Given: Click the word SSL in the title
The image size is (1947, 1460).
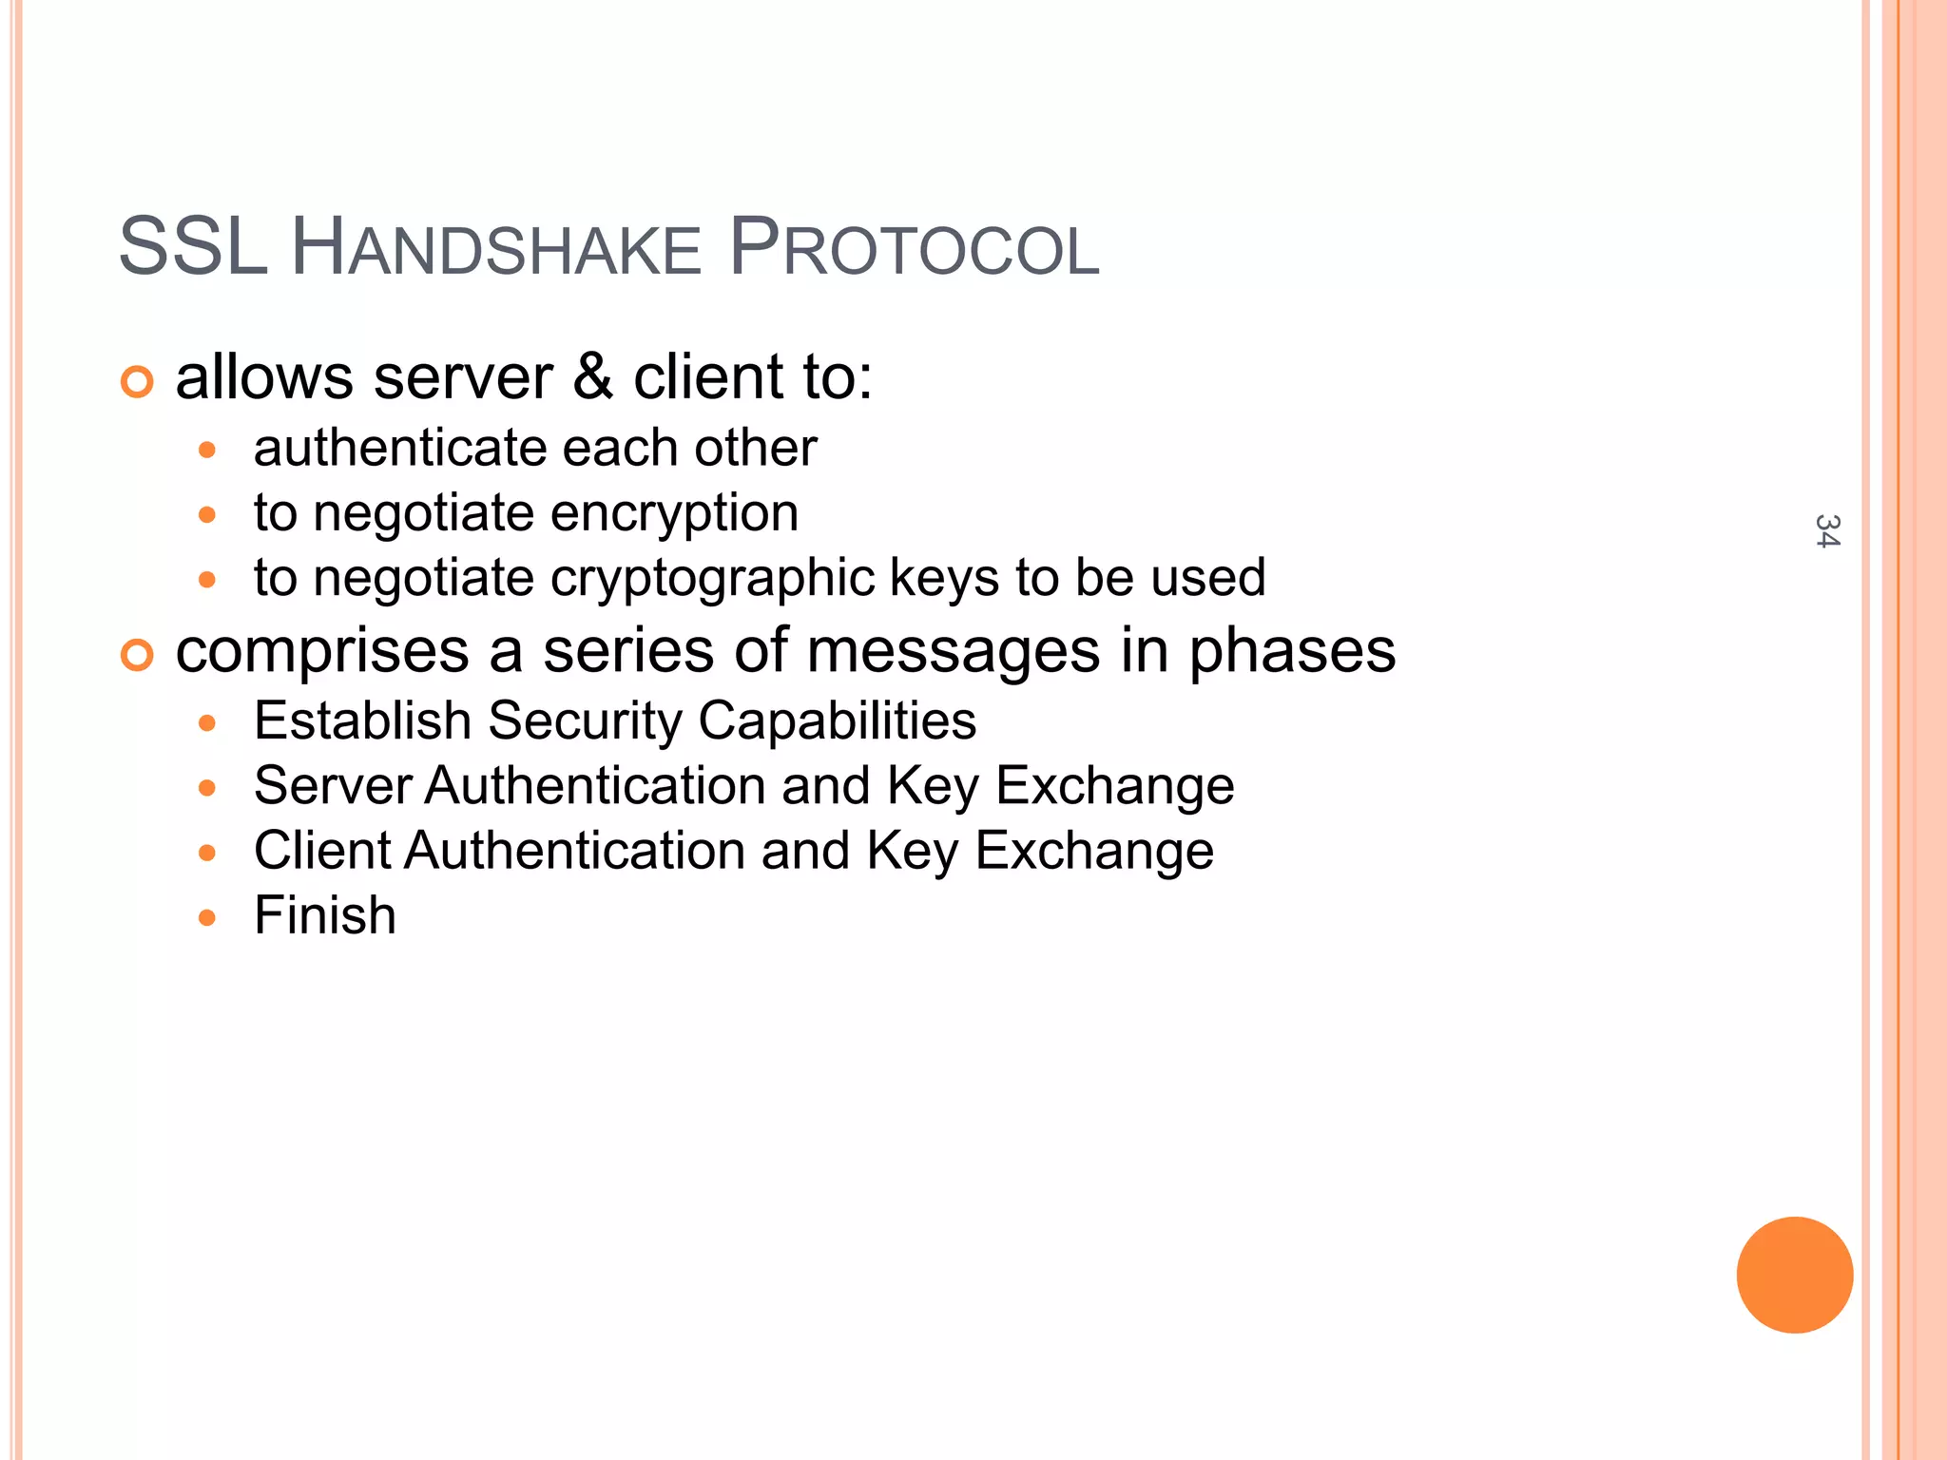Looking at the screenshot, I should (x=192, y=248).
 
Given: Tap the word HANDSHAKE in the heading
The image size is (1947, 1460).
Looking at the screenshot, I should (x=495, y=249).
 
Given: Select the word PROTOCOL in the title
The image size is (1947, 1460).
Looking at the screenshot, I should (x=914, y=249).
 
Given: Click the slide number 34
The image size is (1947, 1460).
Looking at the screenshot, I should (x=1826, y=531).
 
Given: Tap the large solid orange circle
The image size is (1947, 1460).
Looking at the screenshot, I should (x=1794, y=1275).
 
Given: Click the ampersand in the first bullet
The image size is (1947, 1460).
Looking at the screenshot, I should (x=593, y=376).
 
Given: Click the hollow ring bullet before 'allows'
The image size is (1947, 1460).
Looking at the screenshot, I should (x=137, y=382).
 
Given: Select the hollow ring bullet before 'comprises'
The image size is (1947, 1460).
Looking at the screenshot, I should (x=137, y=656).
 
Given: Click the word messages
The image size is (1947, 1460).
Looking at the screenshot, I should (x=954, y=652).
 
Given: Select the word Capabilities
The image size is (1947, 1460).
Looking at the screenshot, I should (x=838, y=721).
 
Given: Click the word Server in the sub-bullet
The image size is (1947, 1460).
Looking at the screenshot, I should (x=333, y=786).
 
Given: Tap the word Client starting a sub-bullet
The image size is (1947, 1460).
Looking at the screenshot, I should (x=322, y=851).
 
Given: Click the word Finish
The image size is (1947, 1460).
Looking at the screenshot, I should (x=325, y=915).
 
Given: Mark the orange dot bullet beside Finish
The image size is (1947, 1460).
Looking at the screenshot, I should (x=208, y=918).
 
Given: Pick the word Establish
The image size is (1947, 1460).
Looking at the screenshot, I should (x=362, y=721).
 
